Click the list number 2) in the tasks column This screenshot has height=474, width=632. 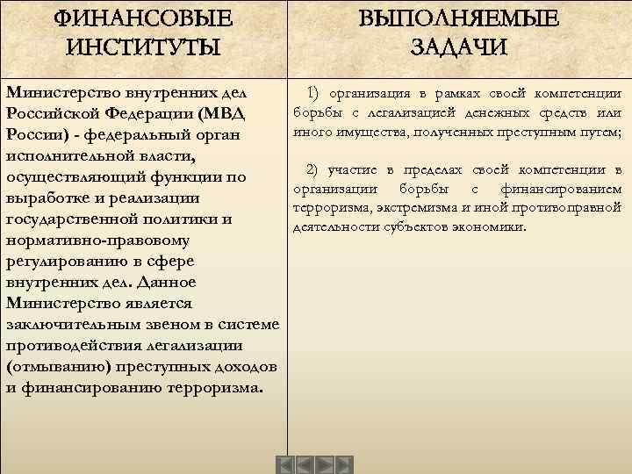pos(313,169)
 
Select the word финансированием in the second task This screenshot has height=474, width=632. pos(561,189)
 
